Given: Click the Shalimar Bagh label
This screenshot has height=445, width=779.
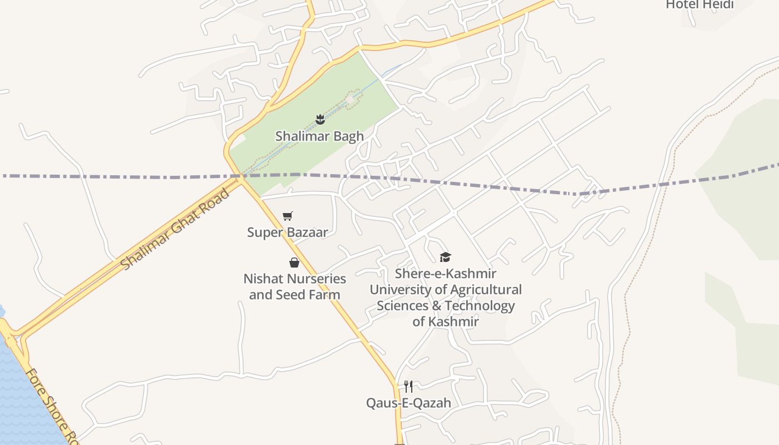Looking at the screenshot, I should [319, 136].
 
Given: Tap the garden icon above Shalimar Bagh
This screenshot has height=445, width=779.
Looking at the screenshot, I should [320, 118].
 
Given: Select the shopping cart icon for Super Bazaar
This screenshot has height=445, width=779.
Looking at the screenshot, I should [287, 216].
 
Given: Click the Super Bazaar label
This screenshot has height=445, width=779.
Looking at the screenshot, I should [287, 232].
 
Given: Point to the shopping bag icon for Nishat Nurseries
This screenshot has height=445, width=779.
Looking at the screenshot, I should [294, 263].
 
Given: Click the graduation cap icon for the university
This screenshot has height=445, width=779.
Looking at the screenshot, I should [445, 257].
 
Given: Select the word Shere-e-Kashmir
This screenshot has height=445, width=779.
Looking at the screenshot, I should [445, 274].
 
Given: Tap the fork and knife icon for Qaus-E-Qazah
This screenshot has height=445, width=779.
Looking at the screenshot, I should [408, 386].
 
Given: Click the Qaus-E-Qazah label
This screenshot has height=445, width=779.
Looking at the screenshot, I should [408, 403].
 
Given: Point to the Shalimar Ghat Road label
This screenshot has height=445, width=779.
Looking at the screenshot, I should [175, 229].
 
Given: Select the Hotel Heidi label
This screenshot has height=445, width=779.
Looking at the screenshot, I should [699, 5].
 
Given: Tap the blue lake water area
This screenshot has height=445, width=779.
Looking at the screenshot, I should [22, 400].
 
